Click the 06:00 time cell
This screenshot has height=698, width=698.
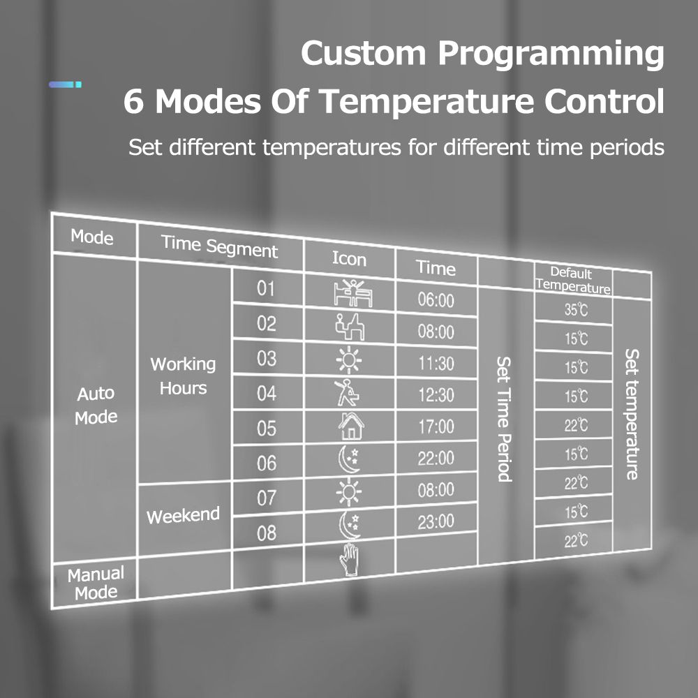tap(436, 300)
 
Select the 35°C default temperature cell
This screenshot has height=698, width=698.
tap(576, 309)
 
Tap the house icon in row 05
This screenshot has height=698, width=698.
tap(351, 426)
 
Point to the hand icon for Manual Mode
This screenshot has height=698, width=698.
tap(350, 559)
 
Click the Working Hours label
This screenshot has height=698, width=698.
tap(183, 376)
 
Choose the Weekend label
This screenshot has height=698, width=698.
tap(183, 516)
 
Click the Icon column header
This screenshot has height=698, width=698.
tap(350, 259)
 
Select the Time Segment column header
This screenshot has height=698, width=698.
tap(219, 246)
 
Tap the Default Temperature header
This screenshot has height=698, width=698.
tap(572, 280)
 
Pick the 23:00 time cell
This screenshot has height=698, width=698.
tap(436, 521)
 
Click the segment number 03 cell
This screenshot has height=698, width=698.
tap(266, 358)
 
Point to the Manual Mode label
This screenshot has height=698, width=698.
tap(96, 583)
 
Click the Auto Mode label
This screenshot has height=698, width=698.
tap(96, 405)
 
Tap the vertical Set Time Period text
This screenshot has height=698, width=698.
tap(504, 419)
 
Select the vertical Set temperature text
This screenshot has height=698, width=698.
tap(632, 414)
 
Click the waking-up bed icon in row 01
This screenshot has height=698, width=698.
tap(353, 293)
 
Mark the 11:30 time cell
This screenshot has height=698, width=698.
tap(436, 364)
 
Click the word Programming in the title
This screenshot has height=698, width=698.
tap(551, 54)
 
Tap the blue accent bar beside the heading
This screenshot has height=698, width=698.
tap(65, 84)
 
